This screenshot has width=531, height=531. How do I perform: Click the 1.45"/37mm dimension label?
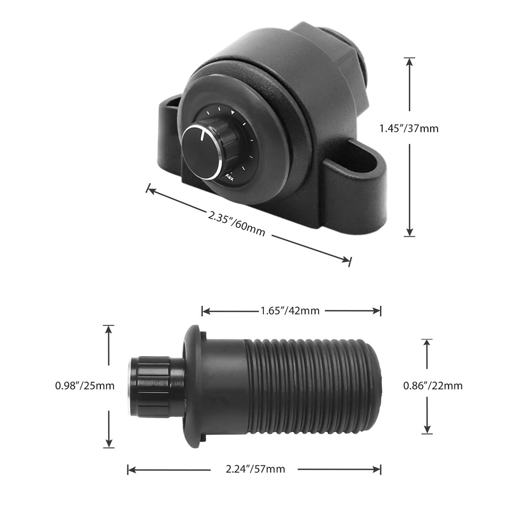tap(409, 129)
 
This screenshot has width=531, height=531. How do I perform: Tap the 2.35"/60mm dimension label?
tap(236, 224)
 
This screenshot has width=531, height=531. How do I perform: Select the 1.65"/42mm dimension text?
tap(290, 311)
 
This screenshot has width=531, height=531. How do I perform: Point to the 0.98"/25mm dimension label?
tap(84, 386)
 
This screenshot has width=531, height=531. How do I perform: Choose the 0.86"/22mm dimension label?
tap(433, 386)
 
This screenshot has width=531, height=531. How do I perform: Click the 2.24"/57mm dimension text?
tap(255, 469)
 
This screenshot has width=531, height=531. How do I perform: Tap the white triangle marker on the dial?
tap(233, 113)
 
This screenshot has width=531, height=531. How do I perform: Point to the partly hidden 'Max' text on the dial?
tap(229, 177)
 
